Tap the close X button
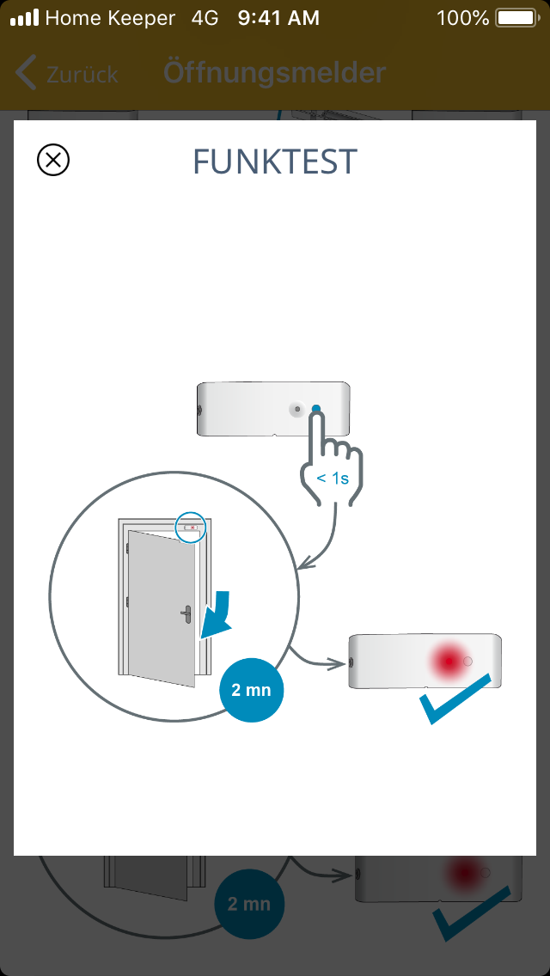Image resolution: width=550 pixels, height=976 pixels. (53, 160)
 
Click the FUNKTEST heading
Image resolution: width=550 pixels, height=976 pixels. (275, 162)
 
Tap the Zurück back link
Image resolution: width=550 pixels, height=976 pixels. (67, 74)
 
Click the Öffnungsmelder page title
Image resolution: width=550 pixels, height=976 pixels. (275, 73)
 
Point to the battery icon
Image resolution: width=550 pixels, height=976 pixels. (516, 18)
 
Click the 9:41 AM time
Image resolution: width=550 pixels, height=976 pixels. (278, 18)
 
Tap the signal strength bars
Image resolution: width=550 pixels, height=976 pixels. (24, 18)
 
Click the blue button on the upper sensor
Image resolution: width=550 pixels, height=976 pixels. (316, 409)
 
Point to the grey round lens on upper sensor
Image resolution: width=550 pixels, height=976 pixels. (297, 409)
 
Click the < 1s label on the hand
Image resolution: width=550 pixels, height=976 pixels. (333, 479)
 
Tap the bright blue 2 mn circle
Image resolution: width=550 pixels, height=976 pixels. (252, 690)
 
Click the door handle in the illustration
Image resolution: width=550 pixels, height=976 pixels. (186, 615)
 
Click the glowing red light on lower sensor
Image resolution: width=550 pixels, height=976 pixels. (448, 661)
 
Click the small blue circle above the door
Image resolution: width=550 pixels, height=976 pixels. (191, 527)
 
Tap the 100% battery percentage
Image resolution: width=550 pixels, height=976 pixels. (463, 18)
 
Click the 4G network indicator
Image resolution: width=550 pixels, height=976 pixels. (205, 18)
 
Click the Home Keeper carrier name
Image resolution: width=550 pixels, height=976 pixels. (110, 19)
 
